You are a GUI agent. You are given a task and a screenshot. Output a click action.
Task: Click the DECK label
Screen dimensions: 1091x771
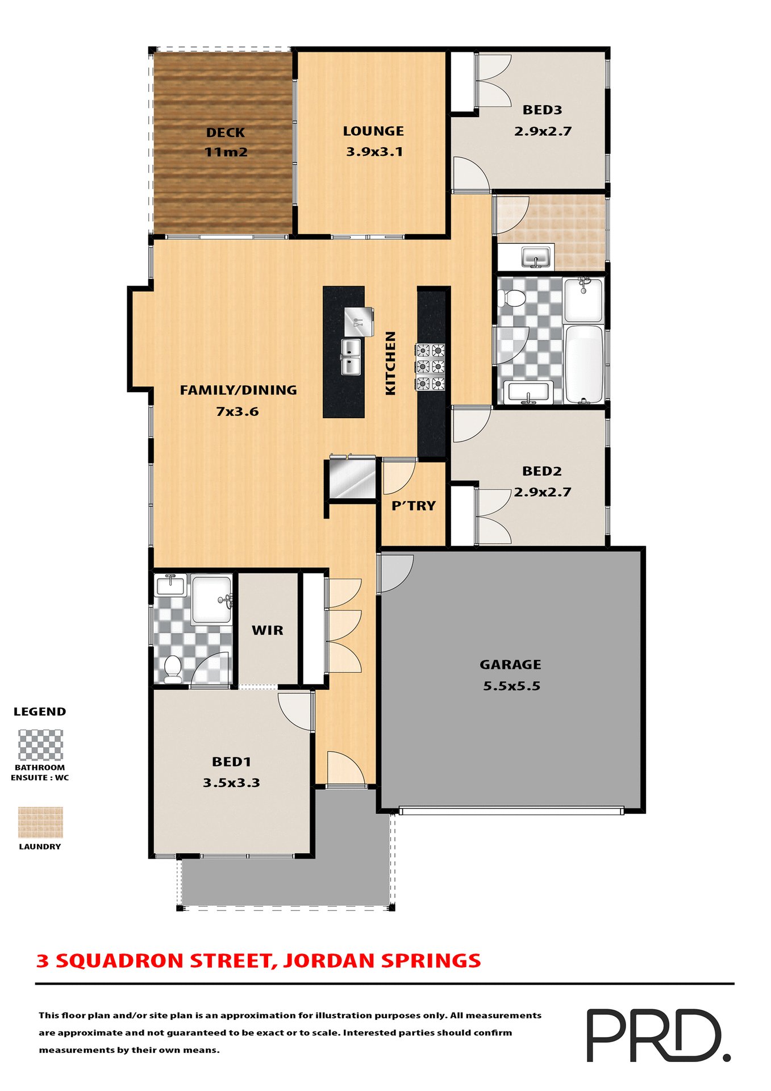[x=226, y=133]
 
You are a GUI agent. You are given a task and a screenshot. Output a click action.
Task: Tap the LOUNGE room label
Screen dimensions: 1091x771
[x=373, y=131]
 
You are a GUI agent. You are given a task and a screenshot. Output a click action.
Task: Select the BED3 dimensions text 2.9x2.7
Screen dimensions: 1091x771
[x=543, y=131]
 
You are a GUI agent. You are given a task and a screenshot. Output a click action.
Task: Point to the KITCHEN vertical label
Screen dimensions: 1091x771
[x=390, y=363]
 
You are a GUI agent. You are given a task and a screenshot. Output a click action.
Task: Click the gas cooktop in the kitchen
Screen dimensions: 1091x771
[x=430, y=367]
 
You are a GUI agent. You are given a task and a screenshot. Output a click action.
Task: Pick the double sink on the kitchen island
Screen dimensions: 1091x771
[x=351, y=357]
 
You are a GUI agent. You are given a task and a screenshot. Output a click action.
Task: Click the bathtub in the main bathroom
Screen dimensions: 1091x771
[x=584, y=364]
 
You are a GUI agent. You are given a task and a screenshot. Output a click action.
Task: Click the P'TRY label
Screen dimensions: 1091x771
[x=414, y=506]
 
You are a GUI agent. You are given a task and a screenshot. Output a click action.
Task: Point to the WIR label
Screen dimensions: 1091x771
[x=268, y=630]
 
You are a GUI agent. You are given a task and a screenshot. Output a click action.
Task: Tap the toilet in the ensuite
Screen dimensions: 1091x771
[x=172, y=668]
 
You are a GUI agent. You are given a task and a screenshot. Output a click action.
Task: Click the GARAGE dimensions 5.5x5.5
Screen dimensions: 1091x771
[x=511, y=686]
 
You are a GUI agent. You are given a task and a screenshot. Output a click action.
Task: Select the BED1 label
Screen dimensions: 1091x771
[x=231, y=761]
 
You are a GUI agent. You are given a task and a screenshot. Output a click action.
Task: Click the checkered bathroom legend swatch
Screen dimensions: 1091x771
[x=40, y=745]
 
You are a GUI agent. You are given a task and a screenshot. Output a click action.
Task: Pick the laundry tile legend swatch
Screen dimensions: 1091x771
[x=40, y=822]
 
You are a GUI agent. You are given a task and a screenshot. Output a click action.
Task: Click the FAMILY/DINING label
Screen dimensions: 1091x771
[x=238, y=390]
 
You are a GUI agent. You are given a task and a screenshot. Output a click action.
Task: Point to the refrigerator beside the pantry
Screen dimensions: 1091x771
[x=353, y=478]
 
